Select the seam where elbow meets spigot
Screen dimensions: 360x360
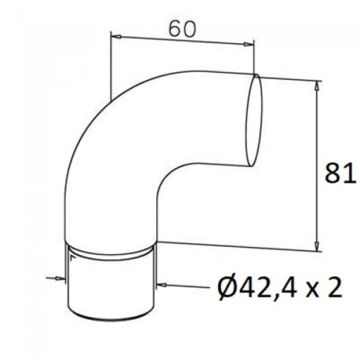113,252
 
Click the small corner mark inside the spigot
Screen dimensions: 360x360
72,256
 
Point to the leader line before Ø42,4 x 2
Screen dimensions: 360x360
186,287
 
